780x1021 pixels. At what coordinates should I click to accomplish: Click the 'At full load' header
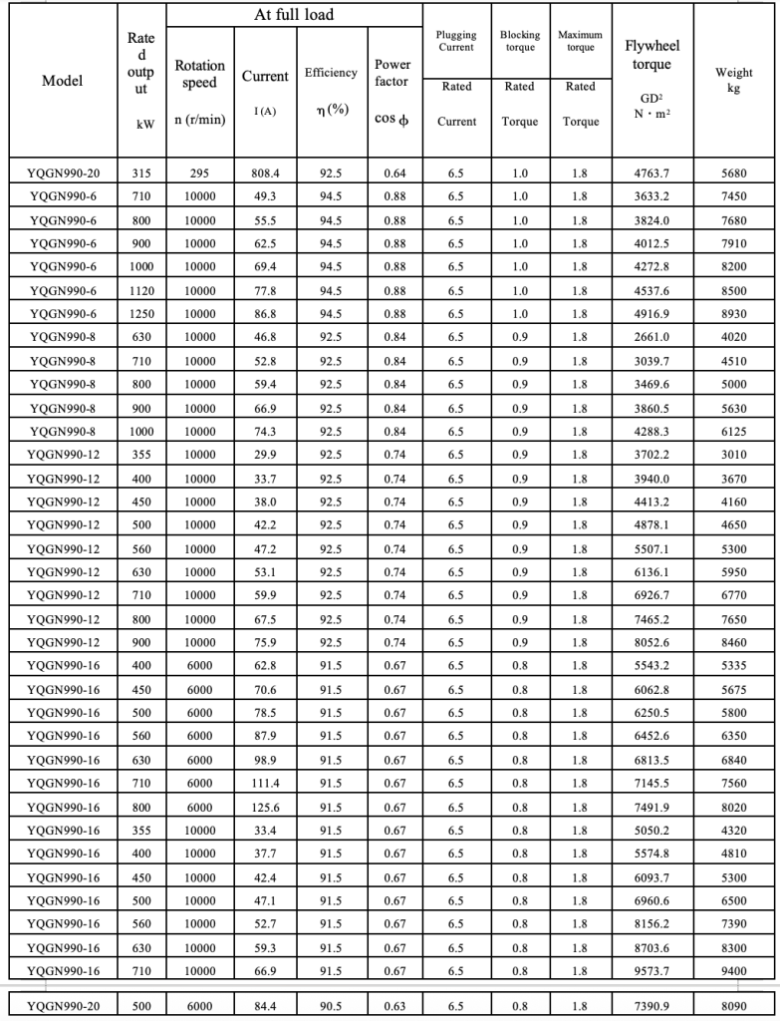294,15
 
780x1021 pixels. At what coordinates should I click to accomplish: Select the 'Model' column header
62,81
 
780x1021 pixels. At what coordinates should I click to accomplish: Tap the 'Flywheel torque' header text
652,56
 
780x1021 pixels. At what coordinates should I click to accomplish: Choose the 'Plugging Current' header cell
456,41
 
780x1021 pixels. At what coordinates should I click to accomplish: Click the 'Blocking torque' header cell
519,41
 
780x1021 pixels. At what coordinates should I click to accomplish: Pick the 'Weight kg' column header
734,81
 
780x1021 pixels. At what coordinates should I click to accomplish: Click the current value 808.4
265,173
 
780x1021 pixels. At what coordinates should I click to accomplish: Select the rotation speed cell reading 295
199,173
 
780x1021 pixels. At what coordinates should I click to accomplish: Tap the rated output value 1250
141,314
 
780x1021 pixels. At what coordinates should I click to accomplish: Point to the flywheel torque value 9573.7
652,970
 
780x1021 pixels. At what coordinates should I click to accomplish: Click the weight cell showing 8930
734,314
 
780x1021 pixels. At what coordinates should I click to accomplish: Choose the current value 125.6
265,807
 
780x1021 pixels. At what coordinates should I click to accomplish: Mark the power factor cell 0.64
394,173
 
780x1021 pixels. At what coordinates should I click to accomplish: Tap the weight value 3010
734,455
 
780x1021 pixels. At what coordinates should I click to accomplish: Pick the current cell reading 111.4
265,784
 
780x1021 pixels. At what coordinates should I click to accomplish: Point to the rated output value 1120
141,291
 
